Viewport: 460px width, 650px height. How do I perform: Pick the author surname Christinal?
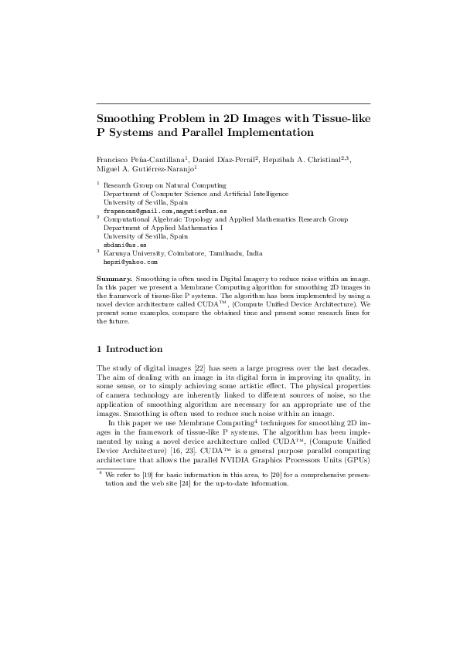[318, 158]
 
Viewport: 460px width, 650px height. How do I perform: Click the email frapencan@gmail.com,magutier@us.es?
[155, 211]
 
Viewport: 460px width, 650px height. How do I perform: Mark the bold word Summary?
[114, 276]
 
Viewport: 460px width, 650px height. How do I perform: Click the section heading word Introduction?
[135, 349]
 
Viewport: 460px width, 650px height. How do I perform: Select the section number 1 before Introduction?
[99, 349]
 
